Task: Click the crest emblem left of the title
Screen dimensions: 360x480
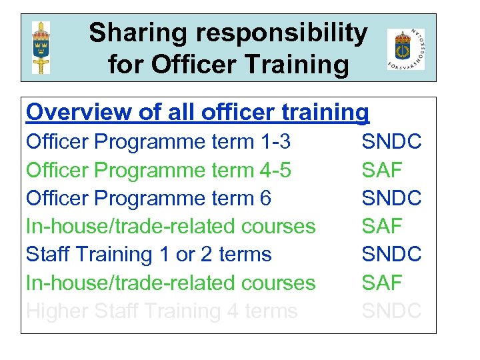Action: (x=41, y=47)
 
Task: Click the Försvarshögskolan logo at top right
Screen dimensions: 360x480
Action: (x=405, y=49)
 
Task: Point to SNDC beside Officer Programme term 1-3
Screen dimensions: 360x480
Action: (x=391, y=141)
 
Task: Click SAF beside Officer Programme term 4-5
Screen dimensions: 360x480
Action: (x=382, y=170)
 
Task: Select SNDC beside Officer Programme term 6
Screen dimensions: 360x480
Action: (x=391, y=198)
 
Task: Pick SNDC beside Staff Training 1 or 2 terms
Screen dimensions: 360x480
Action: (x=391, y=254)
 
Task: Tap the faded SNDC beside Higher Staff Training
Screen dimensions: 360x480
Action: (x=391, y=310)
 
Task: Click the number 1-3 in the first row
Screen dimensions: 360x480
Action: (x=276, y=141)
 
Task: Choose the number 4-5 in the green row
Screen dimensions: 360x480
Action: (x=276, y=170)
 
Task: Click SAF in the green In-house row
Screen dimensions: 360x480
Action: (x=382, y=282)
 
